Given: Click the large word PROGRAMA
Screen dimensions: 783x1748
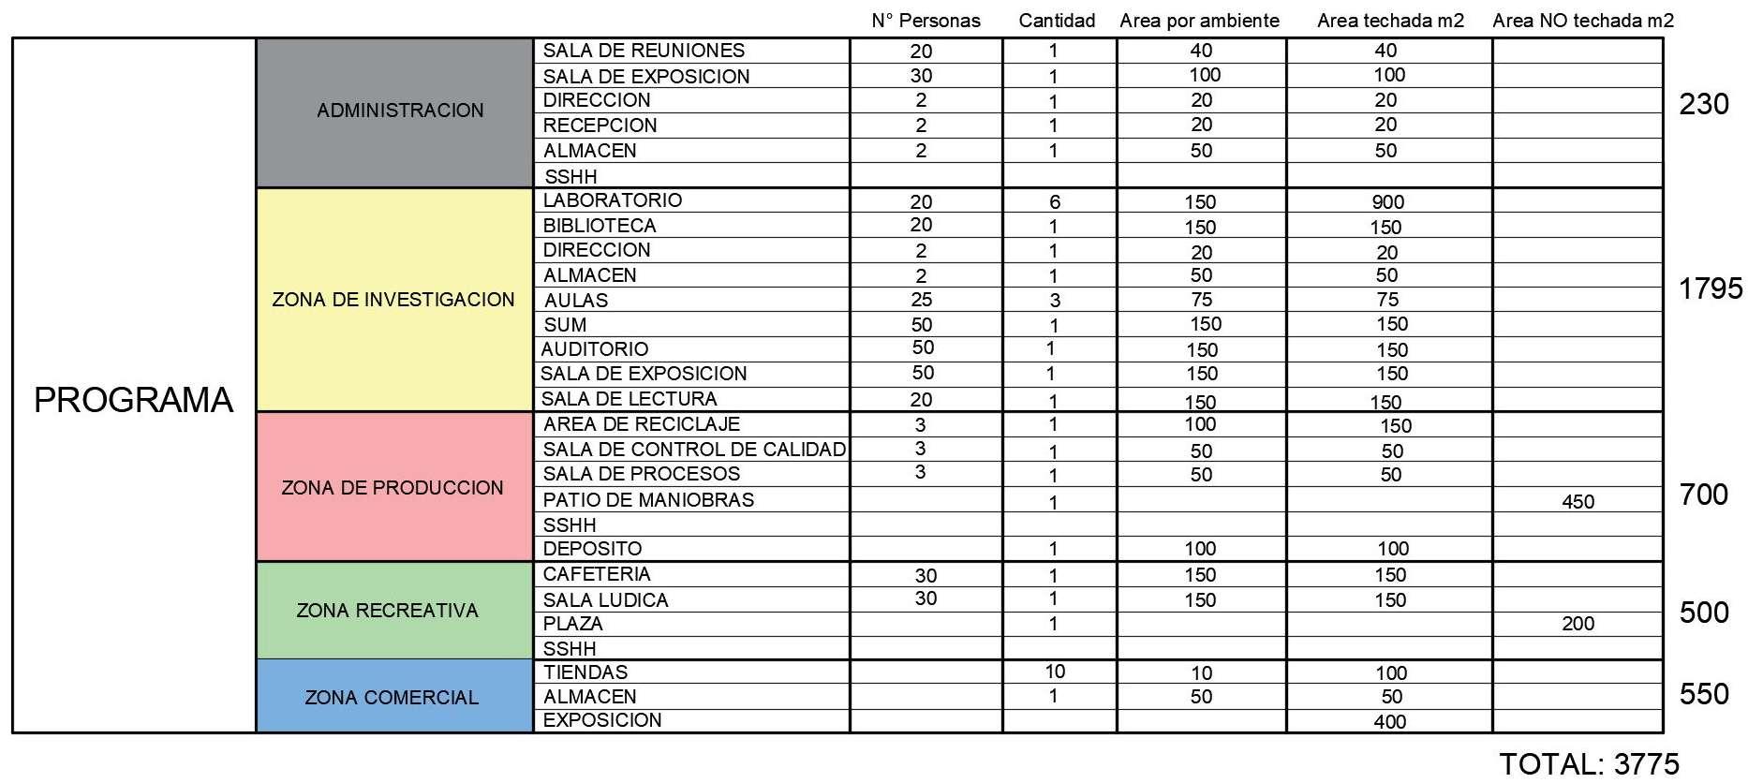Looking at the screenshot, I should pyautogui.click(x=133, y=400).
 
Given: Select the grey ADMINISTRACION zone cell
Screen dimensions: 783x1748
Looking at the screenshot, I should pyautogui.click(x=400, y=111).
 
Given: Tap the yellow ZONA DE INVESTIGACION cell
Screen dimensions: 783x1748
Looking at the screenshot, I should pyautogui.click(x=393, y=300).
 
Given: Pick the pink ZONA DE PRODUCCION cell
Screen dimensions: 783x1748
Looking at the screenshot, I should pyautogui.click(x=393, y=488).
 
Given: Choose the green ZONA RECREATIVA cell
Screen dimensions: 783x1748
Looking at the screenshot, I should pyautogui.click(x=387, y=611).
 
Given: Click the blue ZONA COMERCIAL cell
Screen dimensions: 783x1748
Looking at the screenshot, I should pyautogui.click(x=392, y=698).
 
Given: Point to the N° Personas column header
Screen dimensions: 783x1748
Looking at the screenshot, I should pyautogui.click(x=926, y=21).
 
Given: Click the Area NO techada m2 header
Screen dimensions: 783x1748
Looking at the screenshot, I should pyautogui.click(x=1582, y=21).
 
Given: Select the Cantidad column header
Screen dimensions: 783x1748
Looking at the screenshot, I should pyautogui.click(x=1057, y=21).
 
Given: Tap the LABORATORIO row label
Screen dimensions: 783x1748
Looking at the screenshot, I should pyautogui.click(x=613, y=200).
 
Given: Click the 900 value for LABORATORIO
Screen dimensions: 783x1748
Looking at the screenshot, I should pyautogui.click(x=1387, y=202).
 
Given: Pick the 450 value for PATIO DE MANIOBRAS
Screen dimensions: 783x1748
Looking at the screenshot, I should pyautogui.click(x=1578, y=502).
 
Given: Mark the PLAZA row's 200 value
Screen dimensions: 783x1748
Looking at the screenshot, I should pyautogui.click(x=1578, y=624).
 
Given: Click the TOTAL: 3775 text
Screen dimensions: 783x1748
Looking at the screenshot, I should pyautogui.click(x=1589, y=764).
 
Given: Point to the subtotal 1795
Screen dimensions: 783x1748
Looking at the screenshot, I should pyautogui.click(x=1711, y=288).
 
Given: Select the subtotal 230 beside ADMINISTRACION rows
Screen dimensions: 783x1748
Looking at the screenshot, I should pyautogui.click(x=1704, y=104).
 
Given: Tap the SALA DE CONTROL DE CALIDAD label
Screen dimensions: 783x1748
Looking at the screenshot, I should pyautogui.click(x=694, y=450).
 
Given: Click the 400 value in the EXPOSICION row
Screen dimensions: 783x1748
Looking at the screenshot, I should pyautogui.click(x=1389, y=722).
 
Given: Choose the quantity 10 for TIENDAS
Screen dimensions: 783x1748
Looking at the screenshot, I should pyautogui.click(x=1055, y=672).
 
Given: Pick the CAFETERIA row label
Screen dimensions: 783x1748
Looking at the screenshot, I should pyautogui.click(x=597, y=574).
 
